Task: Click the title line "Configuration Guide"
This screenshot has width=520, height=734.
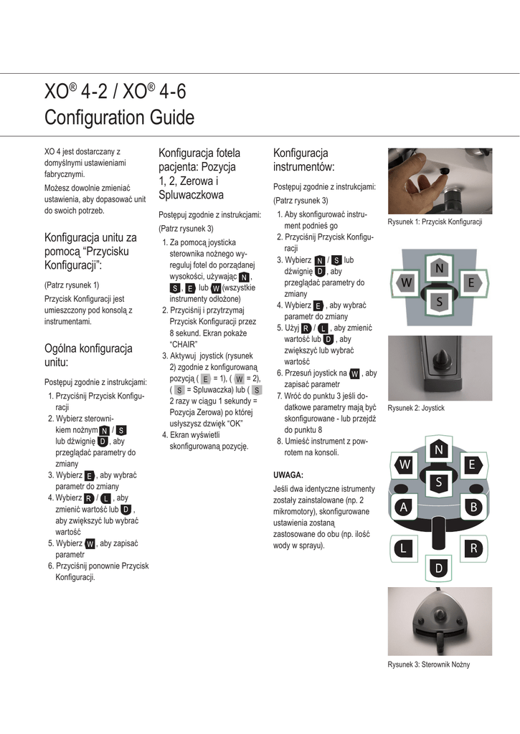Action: coord(120,117)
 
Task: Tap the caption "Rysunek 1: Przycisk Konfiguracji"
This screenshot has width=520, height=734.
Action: coord(435,222)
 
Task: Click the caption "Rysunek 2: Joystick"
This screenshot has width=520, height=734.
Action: coord(416,408)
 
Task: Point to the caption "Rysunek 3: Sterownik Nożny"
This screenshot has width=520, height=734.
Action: coord(429,664)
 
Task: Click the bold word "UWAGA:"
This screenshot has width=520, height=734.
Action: coord(288,475)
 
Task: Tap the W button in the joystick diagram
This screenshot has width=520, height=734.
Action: coord(406,282)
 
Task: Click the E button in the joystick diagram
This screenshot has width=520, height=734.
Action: coord(473,282)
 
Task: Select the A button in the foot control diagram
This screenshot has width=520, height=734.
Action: coord(403,507)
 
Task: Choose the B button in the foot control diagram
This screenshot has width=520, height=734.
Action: coord(473,507)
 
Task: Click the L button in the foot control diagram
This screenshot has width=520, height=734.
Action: coord(403,548)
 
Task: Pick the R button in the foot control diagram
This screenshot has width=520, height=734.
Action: coord(473,548)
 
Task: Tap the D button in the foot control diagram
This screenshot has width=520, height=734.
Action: coord(438,568)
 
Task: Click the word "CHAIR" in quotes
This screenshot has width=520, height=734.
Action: coord(184,345)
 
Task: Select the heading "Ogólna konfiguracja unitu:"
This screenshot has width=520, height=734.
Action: coord(88,356)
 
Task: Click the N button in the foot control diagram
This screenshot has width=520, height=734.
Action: coord(438,450)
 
